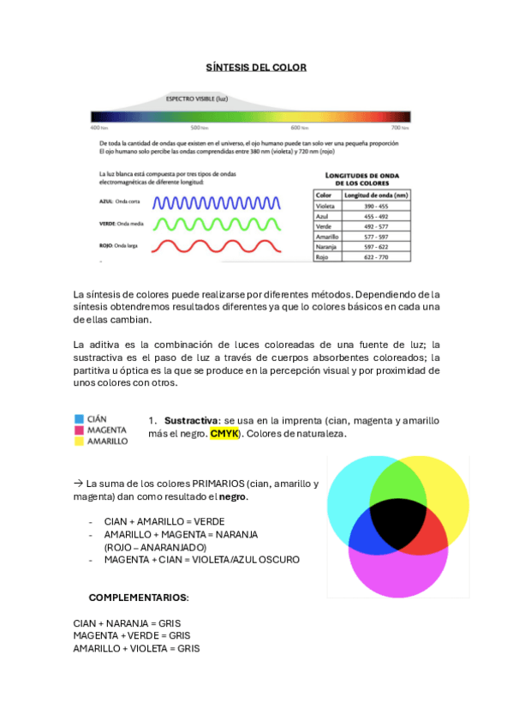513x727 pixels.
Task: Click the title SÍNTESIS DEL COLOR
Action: (x=256, y=67)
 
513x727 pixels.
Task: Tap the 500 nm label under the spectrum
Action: (x=198, y=127)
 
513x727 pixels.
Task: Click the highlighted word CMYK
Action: (x=224, y=434)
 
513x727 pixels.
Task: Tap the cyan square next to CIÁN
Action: (x=79, y=419)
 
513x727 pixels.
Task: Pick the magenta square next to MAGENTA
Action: (x=79, y=430)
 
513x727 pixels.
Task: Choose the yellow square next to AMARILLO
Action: (x=79, y=441)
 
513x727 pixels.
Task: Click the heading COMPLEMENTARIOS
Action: (x=139, y=597)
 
